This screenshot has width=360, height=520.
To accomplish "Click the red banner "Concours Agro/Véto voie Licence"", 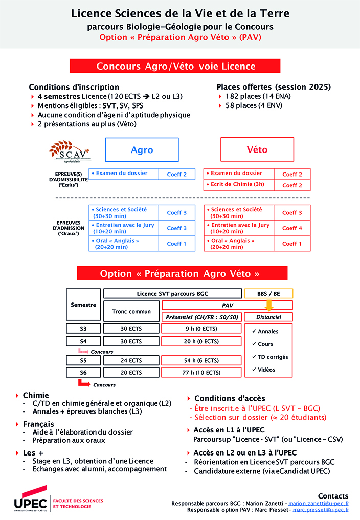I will [x=176, y=66].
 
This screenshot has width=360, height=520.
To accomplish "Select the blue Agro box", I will [x=142, y=150].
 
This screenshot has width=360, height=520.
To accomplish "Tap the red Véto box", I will [x=257, y=150].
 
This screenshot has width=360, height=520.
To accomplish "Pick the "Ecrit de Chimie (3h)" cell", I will [x=239, y=185].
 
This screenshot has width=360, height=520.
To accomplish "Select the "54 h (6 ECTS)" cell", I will [x=201, y=360].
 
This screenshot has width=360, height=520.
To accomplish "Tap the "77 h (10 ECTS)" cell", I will [x=201, y=373].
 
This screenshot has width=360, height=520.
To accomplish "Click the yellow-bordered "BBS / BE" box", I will [x=268, y=294].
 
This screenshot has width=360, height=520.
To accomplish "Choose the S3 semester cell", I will [x=83, y=329].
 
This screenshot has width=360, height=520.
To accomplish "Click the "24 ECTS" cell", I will [x=131, y=360].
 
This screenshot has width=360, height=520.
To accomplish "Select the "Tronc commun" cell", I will [x=131, y=311].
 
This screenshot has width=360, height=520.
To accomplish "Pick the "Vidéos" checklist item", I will [x=266, y=370].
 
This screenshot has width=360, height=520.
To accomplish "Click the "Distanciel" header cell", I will [x=268, y=317].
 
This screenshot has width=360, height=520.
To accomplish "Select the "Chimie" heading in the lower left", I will [x=36, y=395].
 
